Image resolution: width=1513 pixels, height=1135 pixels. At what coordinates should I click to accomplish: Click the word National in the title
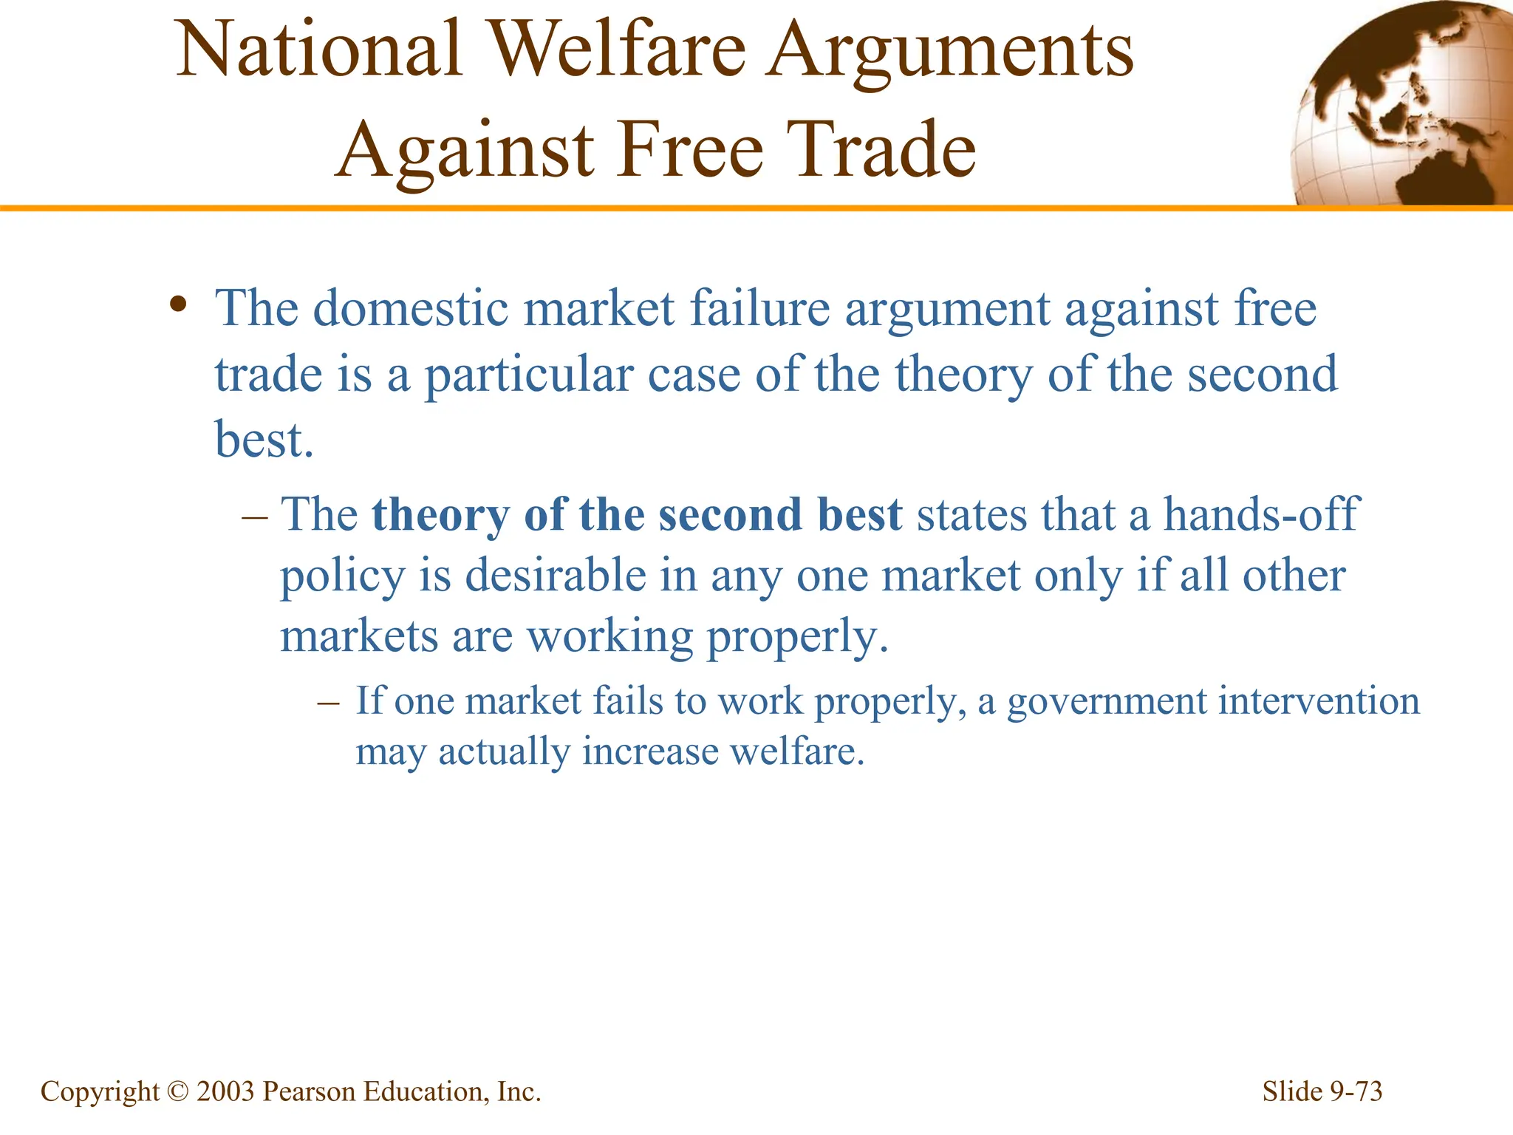(x=319, y=50)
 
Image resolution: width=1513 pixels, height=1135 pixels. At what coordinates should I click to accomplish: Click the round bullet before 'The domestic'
(x=177, y=304)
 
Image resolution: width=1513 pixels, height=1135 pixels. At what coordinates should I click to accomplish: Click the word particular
(x=527, y=375)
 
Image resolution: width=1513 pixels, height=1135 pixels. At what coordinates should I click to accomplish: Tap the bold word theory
(x=440, y=515)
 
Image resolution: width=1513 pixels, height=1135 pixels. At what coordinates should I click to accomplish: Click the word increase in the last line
(x=650, y=752)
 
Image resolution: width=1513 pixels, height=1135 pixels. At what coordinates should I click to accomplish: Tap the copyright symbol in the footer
(x=178, y=1091)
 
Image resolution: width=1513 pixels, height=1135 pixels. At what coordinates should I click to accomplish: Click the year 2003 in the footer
(x=225, y=1091)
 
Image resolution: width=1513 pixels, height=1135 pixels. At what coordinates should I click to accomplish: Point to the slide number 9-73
(x=1356, y=1091)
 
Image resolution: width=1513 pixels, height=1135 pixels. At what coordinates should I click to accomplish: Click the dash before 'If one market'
(x=328, y=701)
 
